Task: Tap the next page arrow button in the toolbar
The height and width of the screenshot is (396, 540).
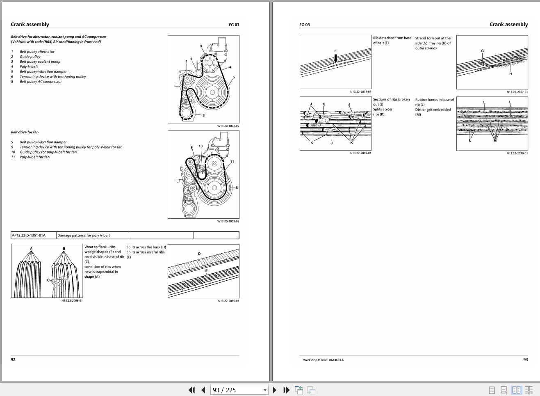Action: pyautogui.click(x=275, y=390)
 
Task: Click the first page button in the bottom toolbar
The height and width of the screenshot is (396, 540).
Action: pyautogui.click(x=191, y=390)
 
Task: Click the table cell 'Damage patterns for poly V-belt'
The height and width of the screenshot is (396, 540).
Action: pyautogui.click(x=84, y=236)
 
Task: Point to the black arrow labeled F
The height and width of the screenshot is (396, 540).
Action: pyautogui.click(x=335, y=58)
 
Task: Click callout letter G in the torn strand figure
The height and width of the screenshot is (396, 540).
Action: pyautogui.click(x=482, y=51)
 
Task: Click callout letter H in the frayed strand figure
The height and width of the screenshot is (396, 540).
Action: pyautogui.click(x=510, y=74)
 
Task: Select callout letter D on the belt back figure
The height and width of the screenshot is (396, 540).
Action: pyautogui.click(x=199, y=254)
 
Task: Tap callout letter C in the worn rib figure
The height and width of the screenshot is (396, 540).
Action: pyautogui.click(x=48, y=280)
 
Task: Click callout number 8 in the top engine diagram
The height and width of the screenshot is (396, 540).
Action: pyautogui.click(x=203, y=115)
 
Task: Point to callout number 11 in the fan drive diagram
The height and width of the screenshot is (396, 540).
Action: pyautogui.click(x=232, y=162)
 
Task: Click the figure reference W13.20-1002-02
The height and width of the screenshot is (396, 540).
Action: pyautogui.click(x=228, y=126)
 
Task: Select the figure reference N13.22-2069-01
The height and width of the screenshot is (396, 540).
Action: pyautogui.click(x=360, y=153)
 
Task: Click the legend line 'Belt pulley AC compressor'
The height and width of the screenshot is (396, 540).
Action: pyautogui.click(x=41, y=82)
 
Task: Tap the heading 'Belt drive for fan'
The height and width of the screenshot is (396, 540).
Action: pyautogui.click(x=25, y=132)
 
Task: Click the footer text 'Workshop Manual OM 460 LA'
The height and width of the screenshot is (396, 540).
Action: pyautogui.click(x=323, y=360)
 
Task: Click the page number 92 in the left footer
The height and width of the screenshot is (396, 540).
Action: pyautogui.click(x=13, y=359)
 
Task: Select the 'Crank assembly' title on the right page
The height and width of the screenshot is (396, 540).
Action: pyautogui.click(x=508, y=25)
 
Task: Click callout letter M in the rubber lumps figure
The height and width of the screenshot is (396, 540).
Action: pyautogui.click(x=495, y=141)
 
